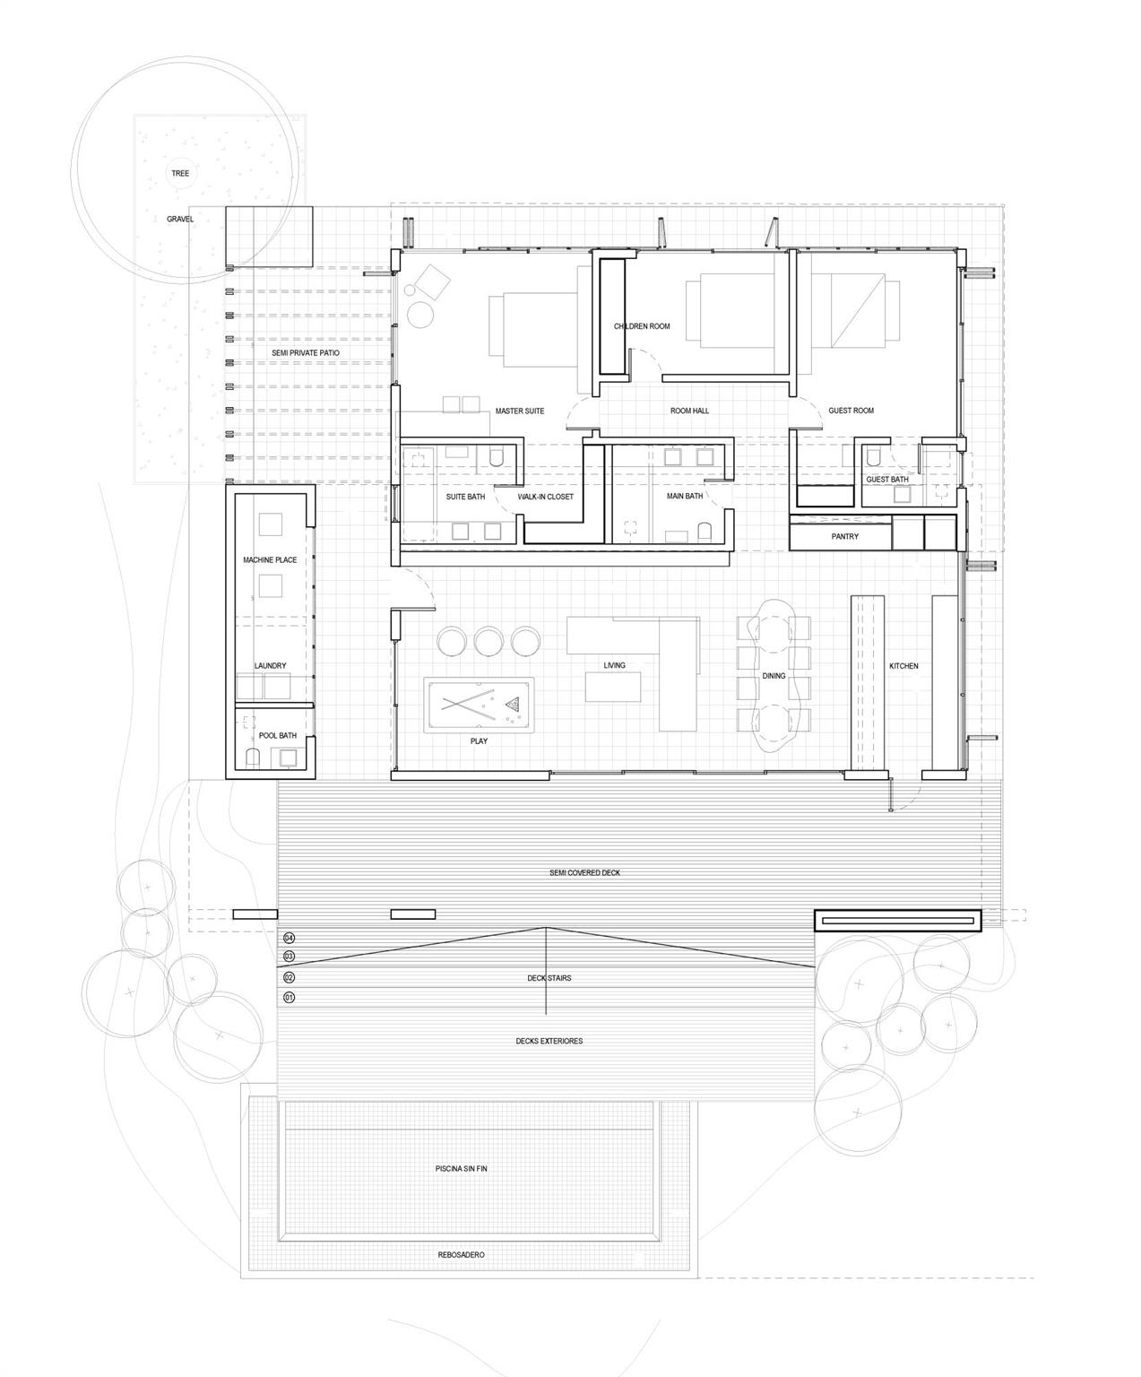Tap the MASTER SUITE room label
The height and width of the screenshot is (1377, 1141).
[x=520, y=411]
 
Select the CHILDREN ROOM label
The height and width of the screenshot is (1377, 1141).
[x=642, y=326]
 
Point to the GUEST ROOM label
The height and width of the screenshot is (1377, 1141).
[x=851, y=411]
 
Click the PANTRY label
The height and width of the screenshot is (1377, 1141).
[x=844, y=536]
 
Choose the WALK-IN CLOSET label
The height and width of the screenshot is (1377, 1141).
[x=545, y=497]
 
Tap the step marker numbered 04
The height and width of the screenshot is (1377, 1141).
[x=289, y=938]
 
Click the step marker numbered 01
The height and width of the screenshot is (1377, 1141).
[x=289, y=997]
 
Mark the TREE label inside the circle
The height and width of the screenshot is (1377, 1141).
[x=180, y=173]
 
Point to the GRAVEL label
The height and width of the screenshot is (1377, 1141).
[x=180, y=219]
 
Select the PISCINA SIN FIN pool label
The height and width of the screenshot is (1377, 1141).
[x=461, y=1169]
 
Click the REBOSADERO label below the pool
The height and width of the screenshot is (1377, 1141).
[x=461, y=1254]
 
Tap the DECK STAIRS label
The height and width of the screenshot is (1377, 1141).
[x=549, y=978]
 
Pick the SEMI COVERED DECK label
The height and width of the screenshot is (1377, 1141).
[x=584, y=872]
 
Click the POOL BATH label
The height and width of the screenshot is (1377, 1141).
[x=277, y=735]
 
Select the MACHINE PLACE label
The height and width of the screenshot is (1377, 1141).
[x=270, y=560]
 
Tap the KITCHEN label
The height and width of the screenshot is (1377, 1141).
[x=903, y=666]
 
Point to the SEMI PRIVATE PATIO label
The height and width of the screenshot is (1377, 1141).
[x=306, y=353]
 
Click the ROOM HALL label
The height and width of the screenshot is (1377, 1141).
[x=689, y=411]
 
